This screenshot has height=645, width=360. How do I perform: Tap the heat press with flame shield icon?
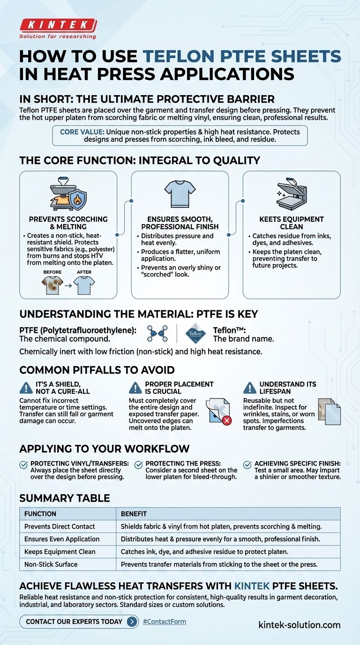point(68,194)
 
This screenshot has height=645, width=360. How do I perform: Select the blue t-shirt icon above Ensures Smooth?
point(180,194)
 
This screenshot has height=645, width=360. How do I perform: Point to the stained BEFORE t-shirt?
point(52,285)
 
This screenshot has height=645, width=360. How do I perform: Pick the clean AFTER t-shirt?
point(84,285)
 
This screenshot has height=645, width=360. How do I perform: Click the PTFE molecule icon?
point(157,333)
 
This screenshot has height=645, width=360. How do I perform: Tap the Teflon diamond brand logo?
point(195,334)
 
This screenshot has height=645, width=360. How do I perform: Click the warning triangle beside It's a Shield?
point(26,388)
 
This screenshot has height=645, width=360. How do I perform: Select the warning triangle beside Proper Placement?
point(135,388)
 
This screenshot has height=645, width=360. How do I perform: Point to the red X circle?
point(227,420)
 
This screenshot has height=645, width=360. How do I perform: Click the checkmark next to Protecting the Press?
point(139,465)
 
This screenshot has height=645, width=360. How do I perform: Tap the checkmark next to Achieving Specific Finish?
point(247,465)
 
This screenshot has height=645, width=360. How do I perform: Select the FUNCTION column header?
point(40,514)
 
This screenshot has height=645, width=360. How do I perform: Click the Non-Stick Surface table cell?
point(51,564)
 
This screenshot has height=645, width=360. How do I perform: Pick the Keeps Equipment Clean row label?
point(60,552)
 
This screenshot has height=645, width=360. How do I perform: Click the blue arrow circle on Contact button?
point(132,622)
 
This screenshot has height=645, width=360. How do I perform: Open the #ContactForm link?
point(165,622)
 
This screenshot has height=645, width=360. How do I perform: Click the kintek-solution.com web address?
point(300,625)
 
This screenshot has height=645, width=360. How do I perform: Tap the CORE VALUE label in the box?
point(82,132)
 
